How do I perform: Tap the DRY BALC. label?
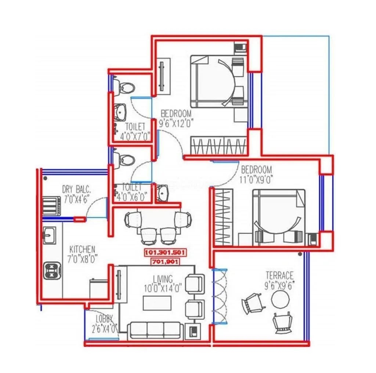pyautogui.click(x=76, y=190)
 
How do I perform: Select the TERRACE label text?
pyautogui.click(x=280, y=275)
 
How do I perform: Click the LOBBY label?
pyautogui.click(x=104, y=318)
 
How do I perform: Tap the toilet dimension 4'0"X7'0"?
pyautogui.click(x=135, y=136)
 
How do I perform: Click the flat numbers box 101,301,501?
pyautogui.click(x=166, y=253)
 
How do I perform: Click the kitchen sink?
pyautogui.click(x=50, y=235)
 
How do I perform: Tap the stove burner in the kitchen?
pyautogui.click(x=51, y=270)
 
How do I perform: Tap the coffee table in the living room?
pyautogui.click(x=157, y=303)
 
